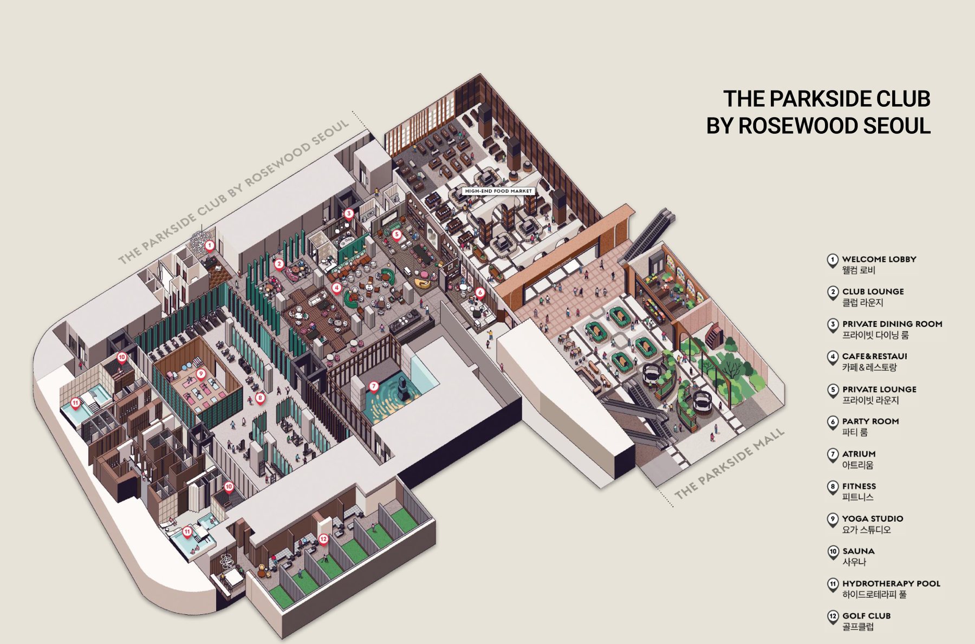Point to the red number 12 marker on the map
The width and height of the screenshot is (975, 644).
click(323, 539)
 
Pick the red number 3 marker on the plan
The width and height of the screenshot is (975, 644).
click(349, 214)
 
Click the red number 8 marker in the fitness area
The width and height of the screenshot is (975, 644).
click(260, 398)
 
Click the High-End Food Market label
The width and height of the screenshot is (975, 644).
click(498, 191)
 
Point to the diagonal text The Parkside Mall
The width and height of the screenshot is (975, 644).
click(729, 464)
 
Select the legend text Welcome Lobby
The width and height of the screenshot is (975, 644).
click(879, 259)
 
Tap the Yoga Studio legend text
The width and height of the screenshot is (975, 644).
click(873, 518)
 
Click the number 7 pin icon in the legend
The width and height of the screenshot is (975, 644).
click(833, 455)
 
